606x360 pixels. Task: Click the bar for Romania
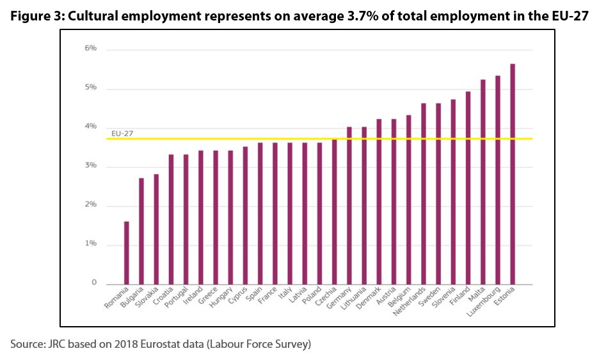(x=127, y=253)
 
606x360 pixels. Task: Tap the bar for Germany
(x=349, y=205)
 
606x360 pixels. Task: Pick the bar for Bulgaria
(x=141, y=231)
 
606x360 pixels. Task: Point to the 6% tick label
(x=90, y=49)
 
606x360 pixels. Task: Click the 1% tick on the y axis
(x=90, y=244)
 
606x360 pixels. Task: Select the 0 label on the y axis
(x=93, y=283)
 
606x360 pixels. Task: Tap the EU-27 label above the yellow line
(x=122, y=134)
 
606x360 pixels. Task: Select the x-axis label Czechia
(x=326, y=296)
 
